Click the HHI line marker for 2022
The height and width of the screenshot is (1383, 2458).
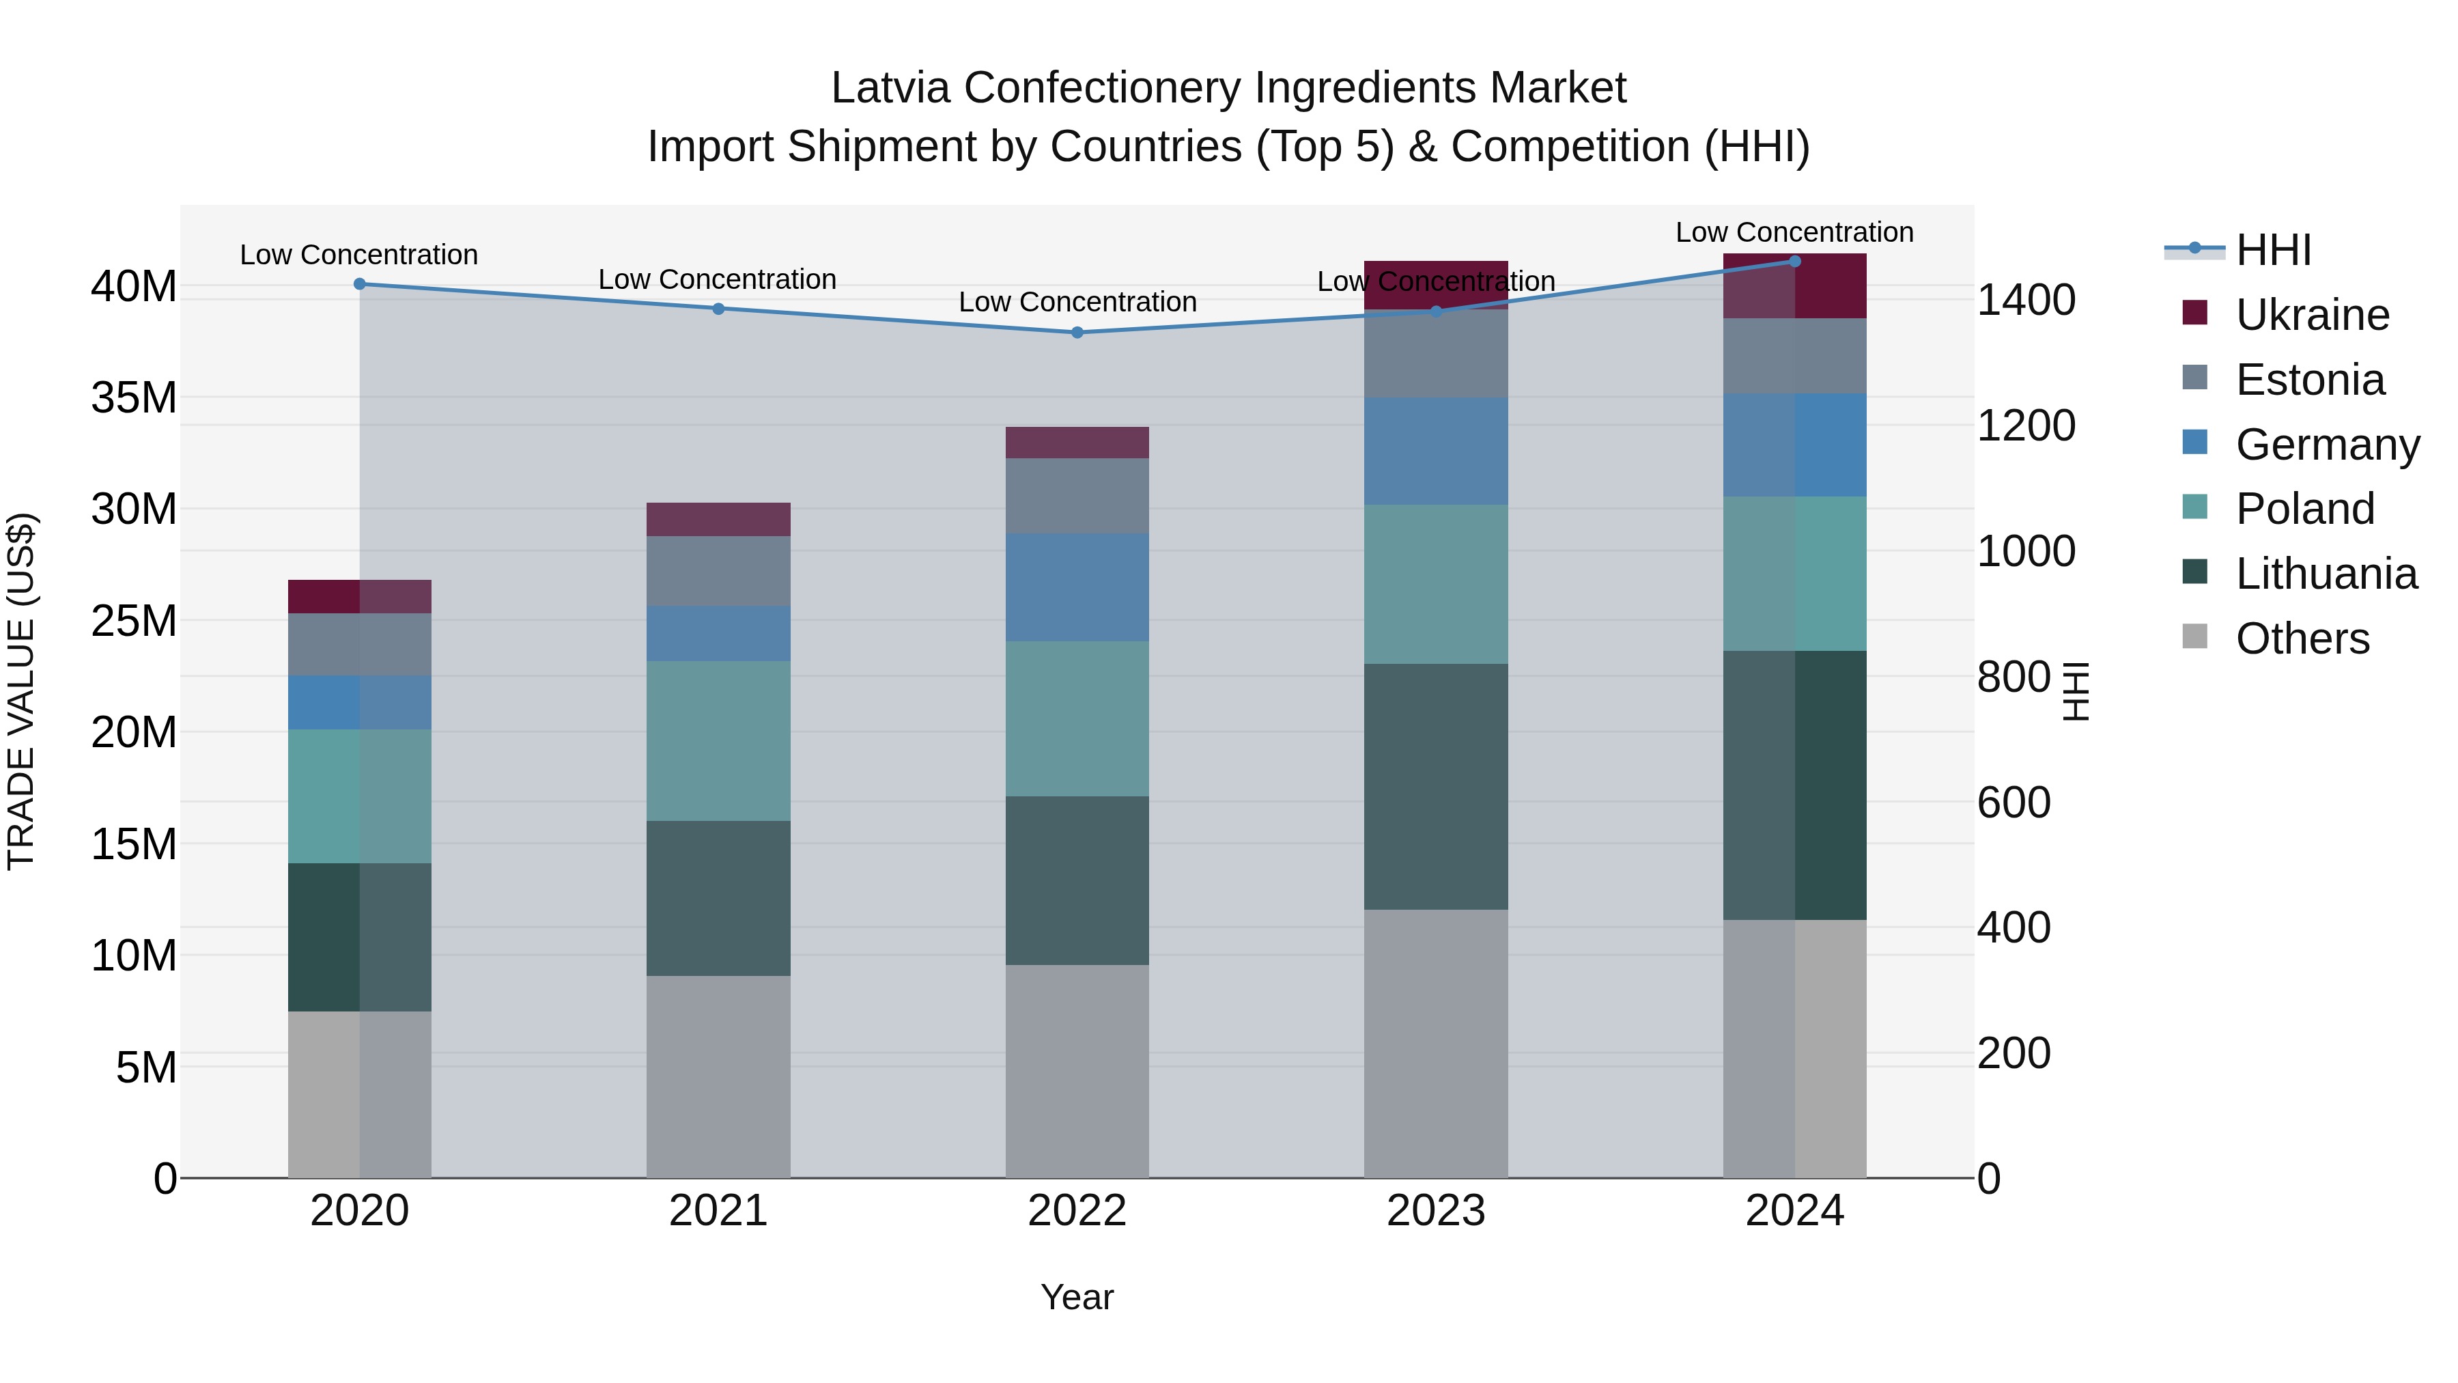1077,332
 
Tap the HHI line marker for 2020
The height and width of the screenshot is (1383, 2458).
360,283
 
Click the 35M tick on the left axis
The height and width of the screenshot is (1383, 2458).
135,397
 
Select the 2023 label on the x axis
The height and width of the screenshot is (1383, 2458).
1435,1210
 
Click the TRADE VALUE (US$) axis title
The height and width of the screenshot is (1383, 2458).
21,691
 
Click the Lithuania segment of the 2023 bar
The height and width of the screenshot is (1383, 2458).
1435,787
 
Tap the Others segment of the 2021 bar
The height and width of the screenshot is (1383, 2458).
718,1076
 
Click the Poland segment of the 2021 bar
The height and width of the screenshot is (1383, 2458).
718,740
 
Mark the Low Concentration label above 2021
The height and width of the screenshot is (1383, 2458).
717,279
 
